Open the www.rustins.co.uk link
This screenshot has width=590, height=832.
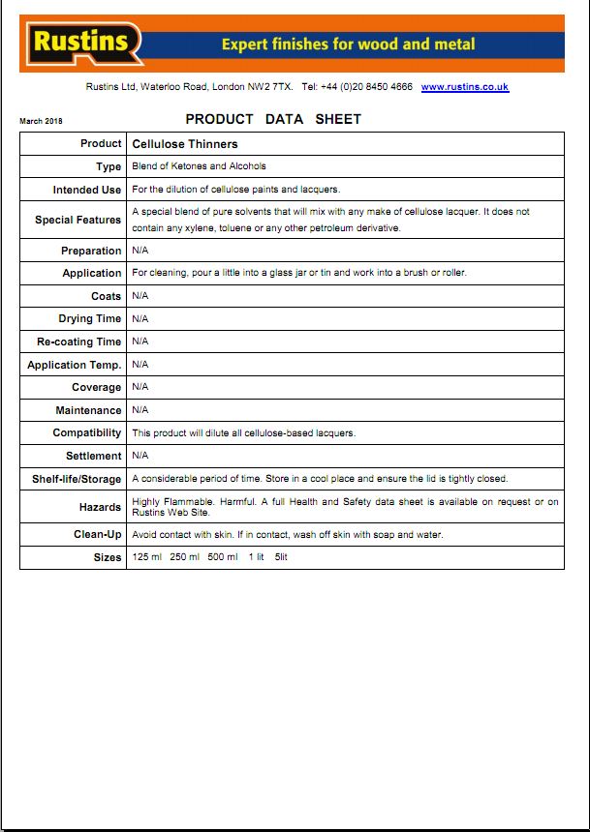(464, 87)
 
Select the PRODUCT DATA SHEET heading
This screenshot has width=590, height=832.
(273, 119)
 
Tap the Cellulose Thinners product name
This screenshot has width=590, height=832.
(185, 144)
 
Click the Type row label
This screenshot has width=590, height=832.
(109, 167)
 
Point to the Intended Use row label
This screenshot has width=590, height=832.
(87, 190)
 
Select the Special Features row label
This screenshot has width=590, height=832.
(78, 220)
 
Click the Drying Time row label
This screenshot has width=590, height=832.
(90, 318)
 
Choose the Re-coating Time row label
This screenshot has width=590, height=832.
(79, 342)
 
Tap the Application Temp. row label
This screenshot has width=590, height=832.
(75, 365)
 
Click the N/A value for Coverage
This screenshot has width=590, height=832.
(140, 387)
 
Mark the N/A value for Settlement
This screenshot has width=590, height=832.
(140, 455)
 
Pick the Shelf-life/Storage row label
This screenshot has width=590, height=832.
(77, 479)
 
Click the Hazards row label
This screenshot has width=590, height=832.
(100, 507)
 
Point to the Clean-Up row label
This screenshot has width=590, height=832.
(98, 534)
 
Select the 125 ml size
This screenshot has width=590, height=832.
(147, 557)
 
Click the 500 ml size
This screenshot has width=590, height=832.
(222, 557)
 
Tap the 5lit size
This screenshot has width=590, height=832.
(281, 557)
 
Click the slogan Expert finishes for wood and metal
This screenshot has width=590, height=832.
(348, 45)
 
